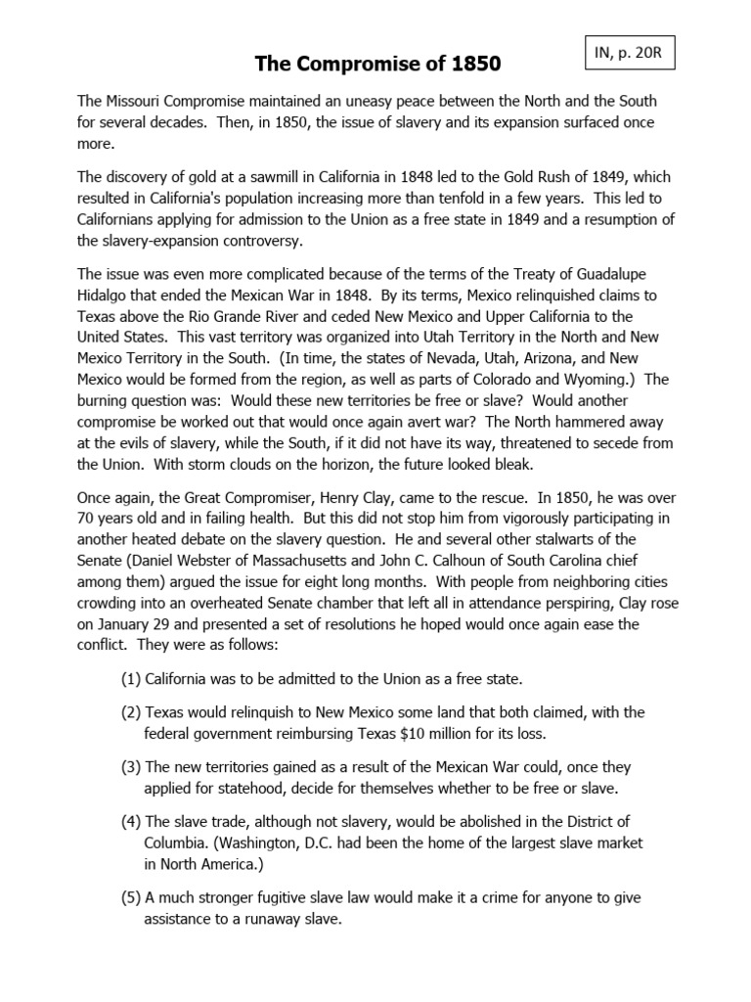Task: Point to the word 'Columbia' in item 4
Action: tap(176, 844)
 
